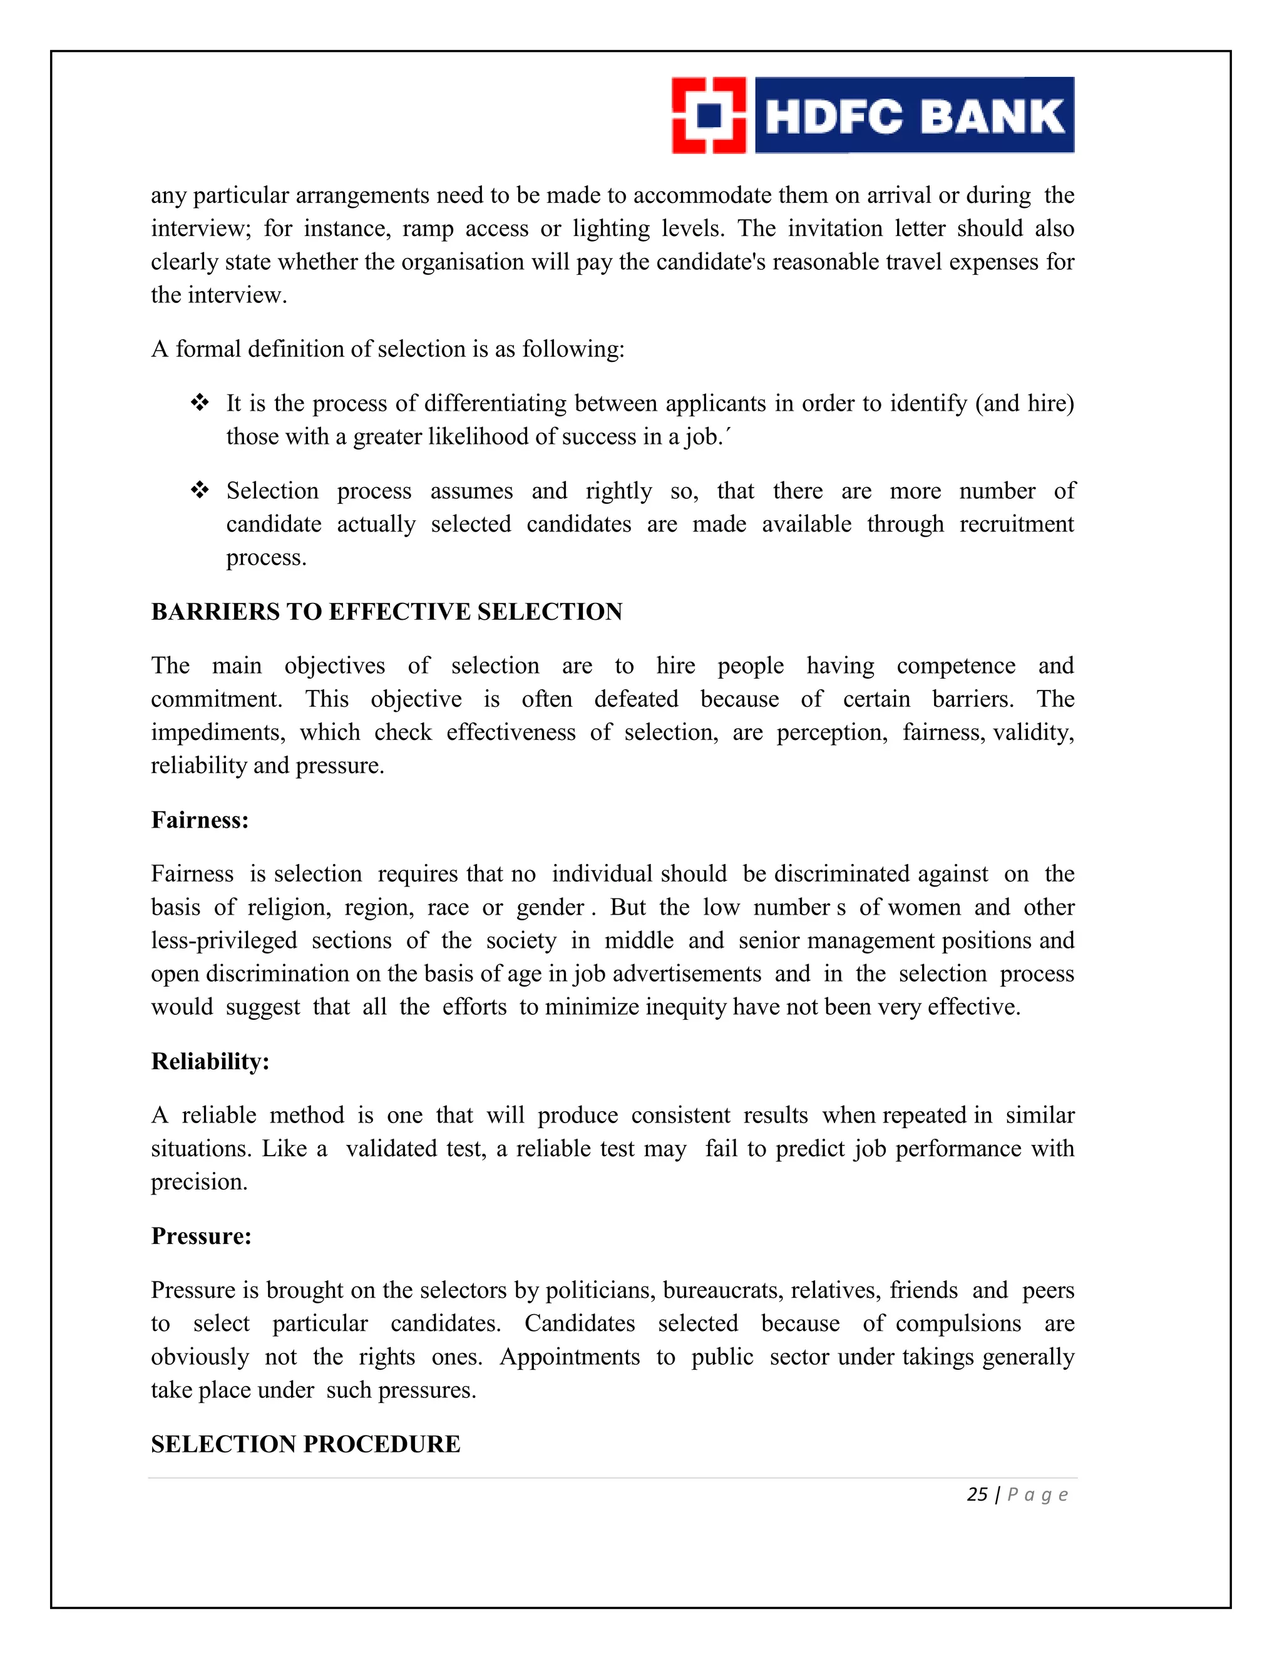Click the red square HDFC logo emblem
click(x=709, y=115)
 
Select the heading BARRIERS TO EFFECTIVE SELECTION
click(x=387, y=612)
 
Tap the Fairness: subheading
click(x=200, y=819)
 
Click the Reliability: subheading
click(x=210, y=1061)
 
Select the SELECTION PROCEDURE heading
click(x=305, y=1444)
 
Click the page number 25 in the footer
click(x=977, y=1495)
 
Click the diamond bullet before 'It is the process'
click(x=200, y=403)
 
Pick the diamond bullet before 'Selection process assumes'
click(x=200, y=491)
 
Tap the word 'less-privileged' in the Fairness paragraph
click(x=223, y=941)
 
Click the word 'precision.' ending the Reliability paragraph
click(x=199, y=1183)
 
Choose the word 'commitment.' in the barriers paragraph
click(x=217, y=700)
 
